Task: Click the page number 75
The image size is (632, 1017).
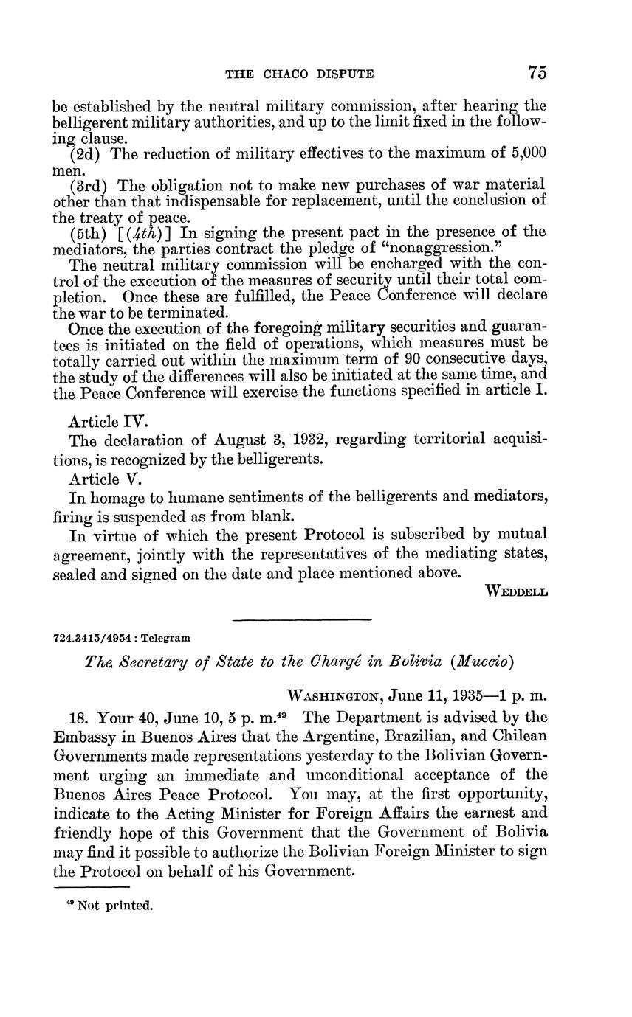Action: pos(537,72)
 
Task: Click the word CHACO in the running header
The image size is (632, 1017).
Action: pos(289,74)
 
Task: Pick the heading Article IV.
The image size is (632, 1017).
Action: pos(109,422)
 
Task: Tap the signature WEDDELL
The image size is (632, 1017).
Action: pos(517,591)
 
